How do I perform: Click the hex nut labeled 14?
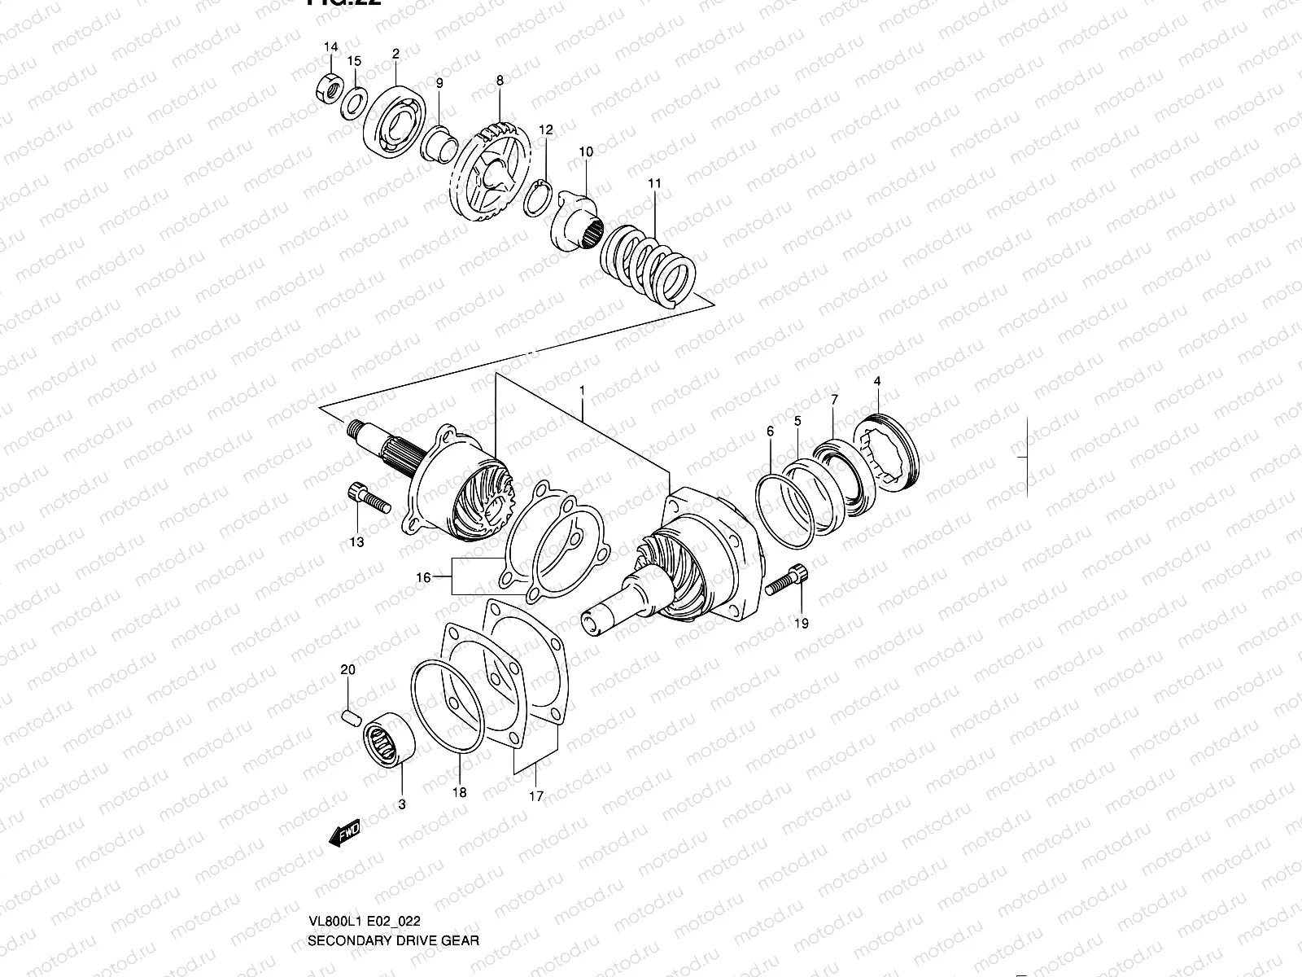coord(327,86)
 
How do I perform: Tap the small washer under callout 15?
coord(352,102)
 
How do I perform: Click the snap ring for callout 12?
coord(539,195)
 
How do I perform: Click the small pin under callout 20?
coord(350,716)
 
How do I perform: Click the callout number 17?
coord(535,796)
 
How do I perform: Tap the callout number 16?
coord(423,577)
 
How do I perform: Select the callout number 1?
coord(583,391)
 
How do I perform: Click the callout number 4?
coord(877,381)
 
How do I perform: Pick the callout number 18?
coord(460,792)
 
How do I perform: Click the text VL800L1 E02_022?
coord(363,921)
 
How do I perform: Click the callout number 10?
coord(586,151)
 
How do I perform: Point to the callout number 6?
coord(770,432)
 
